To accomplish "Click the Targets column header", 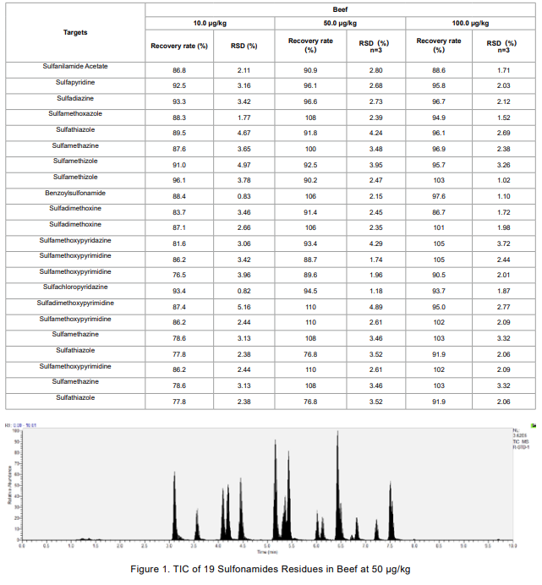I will point(75,32).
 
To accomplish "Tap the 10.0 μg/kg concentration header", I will point(210,24).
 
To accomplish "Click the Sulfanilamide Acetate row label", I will point(75,66).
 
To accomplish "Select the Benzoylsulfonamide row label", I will point(75,193).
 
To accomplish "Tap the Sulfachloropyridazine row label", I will point(75,287).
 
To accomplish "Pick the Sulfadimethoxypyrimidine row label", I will point(75,303).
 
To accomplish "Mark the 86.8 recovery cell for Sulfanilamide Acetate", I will point(178,70).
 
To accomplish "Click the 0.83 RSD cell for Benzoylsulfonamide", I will point(243,196).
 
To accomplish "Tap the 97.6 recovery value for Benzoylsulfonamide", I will point(438,196).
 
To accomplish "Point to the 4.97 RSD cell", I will point(243,165).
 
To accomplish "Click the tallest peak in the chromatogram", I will point(337,434).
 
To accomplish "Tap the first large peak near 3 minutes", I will point(174,475).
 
